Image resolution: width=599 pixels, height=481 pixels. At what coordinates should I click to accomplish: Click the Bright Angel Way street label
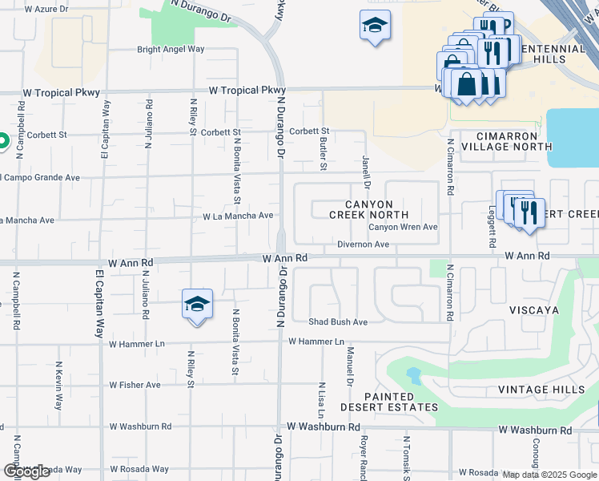171,49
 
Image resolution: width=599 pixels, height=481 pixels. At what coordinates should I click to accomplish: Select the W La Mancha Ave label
238,216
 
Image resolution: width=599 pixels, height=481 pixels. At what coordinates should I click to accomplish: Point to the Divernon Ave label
363,244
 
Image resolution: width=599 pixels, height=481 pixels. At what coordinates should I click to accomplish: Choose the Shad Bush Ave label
338,322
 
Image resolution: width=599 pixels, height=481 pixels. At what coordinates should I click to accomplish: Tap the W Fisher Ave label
135,385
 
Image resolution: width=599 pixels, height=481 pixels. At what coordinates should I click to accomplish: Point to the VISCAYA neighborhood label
533,309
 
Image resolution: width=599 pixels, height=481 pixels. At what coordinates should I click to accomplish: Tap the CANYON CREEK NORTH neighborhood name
369,210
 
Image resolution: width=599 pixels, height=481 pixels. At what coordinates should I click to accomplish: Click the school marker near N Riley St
197,305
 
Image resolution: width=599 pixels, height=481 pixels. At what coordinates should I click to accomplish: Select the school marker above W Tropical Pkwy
374,26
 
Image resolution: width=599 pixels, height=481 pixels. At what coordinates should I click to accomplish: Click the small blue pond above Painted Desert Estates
413,374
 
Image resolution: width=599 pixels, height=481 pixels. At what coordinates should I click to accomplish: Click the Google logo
26,471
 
